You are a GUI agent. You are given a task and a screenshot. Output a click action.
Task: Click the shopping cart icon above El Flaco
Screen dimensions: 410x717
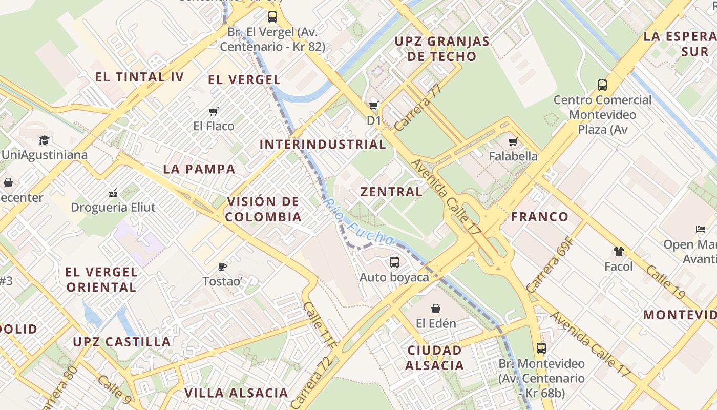point(214,111)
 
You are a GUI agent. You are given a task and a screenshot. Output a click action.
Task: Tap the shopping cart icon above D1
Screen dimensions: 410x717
point(374,106)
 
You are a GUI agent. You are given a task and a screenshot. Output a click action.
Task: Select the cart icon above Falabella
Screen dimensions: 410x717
point(513,141)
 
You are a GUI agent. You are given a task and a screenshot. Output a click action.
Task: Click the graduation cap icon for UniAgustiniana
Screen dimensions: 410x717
point(45,140)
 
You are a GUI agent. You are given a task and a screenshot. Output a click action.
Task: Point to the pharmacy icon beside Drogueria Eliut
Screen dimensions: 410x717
point(113,193)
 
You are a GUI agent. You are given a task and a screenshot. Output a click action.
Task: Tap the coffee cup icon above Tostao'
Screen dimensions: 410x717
point(222,266)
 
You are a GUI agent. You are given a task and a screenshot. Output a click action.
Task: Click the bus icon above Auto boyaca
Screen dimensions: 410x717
point(394,262)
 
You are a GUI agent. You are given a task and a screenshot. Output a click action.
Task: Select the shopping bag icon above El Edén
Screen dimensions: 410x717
point(435,309)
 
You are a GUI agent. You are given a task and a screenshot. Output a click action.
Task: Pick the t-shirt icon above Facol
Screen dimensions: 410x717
point(618,252)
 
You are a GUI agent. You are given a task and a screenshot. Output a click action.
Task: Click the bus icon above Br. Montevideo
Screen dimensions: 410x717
point(541,348)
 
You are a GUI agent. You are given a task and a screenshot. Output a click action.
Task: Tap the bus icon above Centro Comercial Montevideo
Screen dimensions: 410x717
point(602,85)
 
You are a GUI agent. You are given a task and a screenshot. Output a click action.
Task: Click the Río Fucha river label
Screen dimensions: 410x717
point(358,222)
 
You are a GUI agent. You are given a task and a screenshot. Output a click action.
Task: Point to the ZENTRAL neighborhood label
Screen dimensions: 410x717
point(392,192)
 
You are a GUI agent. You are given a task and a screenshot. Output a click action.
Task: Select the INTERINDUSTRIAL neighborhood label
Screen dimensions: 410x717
point(323,145)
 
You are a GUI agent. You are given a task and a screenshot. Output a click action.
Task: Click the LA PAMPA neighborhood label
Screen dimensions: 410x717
point(199,169)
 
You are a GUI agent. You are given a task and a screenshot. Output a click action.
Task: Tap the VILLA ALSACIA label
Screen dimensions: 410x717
point(236,393)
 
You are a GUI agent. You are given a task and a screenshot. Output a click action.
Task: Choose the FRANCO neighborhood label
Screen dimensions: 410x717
point(540,216)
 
